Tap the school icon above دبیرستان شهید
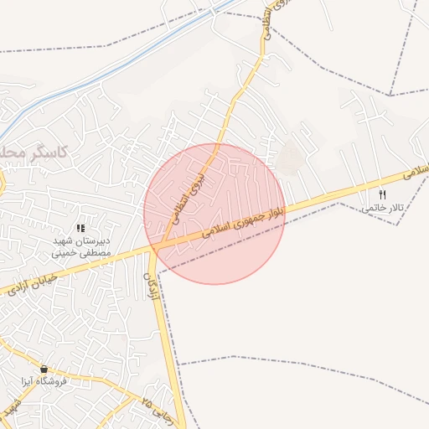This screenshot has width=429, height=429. point(80,228)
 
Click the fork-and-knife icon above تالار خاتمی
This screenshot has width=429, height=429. point(383,194)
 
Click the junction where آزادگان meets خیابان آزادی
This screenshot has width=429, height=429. point(155,250)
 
